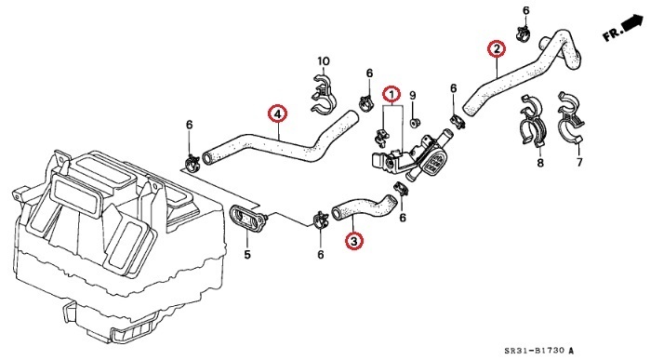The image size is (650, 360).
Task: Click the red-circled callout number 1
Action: tap(392, 95)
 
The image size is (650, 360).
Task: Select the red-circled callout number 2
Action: tap(497, 49)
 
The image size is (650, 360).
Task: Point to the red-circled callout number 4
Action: tap(276, 113)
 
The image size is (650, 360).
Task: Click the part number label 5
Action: tap(247, 254)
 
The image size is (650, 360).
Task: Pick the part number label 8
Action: tap(538, 164)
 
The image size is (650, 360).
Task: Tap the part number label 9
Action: tap(414, 95)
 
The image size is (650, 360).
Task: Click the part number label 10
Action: tap(324, 62)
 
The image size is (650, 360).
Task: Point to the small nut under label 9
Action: tap(415, 117)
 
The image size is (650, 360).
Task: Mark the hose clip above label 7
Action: tap(571, 119)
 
